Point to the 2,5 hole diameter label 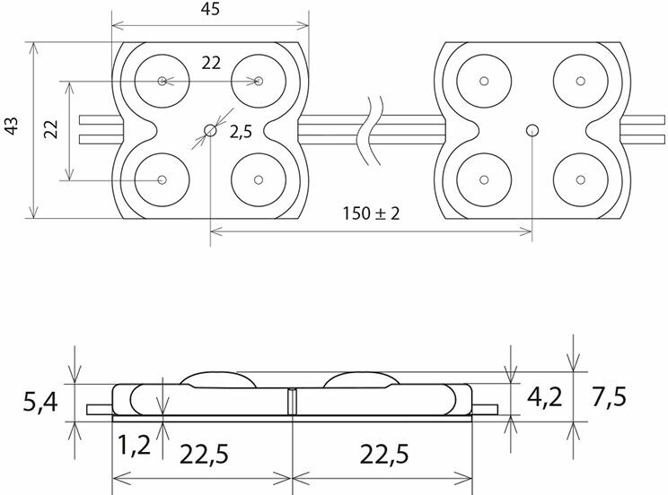pyautogui.click(x=241, y=132)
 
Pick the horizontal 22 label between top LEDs pyautogui.click(x=210, y=63)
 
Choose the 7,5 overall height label pyautogui.click(x=609, y=395)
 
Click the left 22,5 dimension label pyautogui.click(x=204, y=455)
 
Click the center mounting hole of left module pyautogui.click(x=210, y=131)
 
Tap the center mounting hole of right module pyautogui.click(x=532, y=131)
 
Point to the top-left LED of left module pyautogui.click(x=163, y=82)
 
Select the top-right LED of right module pyautogui.click(x=579, y=82)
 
